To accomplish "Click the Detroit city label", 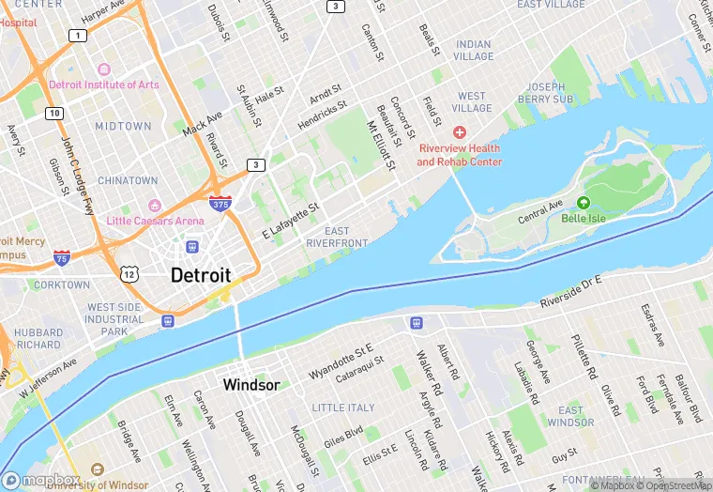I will tap(201, 275).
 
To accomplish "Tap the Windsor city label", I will tap(250, 385).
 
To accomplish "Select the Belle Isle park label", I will tap(584, 218).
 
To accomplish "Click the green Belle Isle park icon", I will tap(584, 202).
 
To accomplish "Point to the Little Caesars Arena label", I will tap(155, 221).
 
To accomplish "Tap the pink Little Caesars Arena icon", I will tap(155, 205).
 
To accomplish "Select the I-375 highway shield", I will tap(219, 203).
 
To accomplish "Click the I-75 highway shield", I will tap(61, 257).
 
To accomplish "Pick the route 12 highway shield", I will tap(129, 273).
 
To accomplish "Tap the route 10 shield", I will tap(56, 114).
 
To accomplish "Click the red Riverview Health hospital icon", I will tap(460, 132).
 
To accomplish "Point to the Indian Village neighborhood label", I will tap(473, 51).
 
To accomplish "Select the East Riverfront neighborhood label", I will tap(337, 238).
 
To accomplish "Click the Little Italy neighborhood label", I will tap(342, 408).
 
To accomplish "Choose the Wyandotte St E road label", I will tap(341, 361).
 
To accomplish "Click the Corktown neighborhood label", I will tap(62, 284).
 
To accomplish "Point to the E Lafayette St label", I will tap(291, 220).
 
